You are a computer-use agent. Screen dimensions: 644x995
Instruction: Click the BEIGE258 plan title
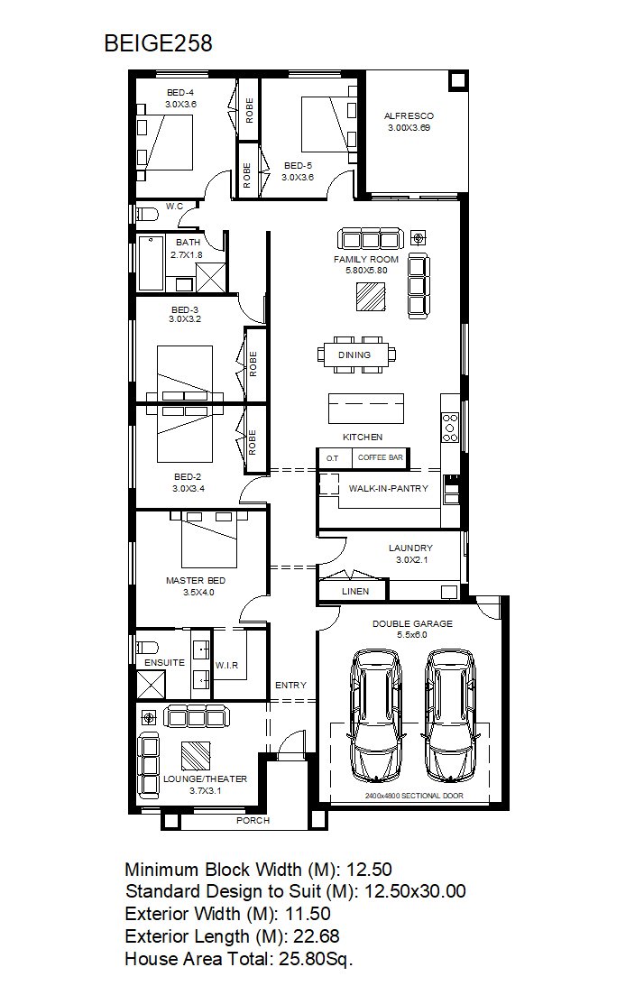pyautogui.click(x=158, y=43)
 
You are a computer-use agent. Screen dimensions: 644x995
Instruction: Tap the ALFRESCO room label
pyautogui.click(x=409, y=116)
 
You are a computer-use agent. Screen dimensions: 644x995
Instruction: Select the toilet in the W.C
pyautogui.click(x=146, y=213)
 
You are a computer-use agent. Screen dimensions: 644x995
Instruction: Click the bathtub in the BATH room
pyautogui.click(x=151, y=263)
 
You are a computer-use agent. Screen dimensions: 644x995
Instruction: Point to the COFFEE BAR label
pyautogui.click(x=380, y=457)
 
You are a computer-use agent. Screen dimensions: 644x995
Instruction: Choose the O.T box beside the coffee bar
pyautogui.click(x=333, y=458)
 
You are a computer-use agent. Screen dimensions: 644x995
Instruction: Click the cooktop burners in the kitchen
pyautogui.click(x=450, y=427)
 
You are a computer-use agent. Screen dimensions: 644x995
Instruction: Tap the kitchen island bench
pyautogui.click(x=366, y=408)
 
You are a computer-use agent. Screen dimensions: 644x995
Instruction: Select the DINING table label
pyautogui.click(x=354, y=355)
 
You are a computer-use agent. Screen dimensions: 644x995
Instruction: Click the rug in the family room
pyautogui.click(x=370, y=297)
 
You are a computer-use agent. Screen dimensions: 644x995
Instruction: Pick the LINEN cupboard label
pyautogui.click(x=354, y=592)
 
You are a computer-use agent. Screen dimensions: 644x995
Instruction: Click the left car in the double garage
pyautogui.click(x=375, y=715)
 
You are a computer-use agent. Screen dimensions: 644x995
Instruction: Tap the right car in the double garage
pyautogui.click(x=450, y=715)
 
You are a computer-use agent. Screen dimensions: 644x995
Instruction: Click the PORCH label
pyautogui.click(x=253, y=821)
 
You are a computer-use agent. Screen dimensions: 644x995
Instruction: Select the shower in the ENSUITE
pyautogui.click(x=151, y=684)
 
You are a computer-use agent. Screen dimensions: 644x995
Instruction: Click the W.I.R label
pyautogui.click(x=226, y=665)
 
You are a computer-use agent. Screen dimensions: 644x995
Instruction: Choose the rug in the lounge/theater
pyautogui.click(x=196, y=756)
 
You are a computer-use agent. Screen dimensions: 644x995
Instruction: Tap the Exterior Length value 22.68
pyautogui.click(x=316, y=936)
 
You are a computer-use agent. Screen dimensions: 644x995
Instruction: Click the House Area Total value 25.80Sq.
pyautogui.click(x=316, y=959)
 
